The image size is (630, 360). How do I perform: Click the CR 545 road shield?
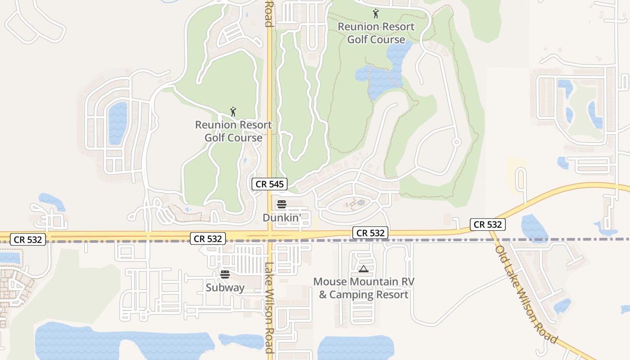coord(269,184)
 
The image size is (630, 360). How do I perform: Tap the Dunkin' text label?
coord(282,218)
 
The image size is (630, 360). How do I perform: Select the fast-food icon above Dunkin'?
coord(282,204)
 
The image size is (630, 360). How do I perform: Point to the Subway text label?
coord(225,288)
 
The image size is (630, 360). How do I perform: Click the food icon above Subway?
coord(225,274)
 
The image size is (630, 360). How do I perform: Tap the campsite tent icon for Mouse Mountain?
coord(363,269)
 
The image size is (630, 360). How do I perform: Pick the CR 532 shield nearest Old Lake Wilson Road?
coord(488,224)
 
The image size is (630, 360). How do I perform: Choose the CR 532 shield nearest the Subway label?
coord(207,238)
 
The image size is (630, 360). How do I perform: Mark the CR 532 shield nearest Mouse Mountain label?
coord(370,233)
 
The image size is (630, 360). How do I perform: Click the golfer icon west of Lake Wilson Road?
coord(233,111)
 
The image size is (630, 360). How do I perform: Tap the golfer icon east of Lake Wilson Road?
coord(376,13)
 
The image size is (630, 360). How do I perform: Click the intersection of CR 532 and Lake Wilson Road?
coord(270,235)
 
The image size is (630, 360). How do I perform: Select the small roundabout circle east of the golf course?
coord(456,142)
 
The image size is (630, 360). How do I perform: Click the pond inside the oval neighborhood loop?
coord(117,122)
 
